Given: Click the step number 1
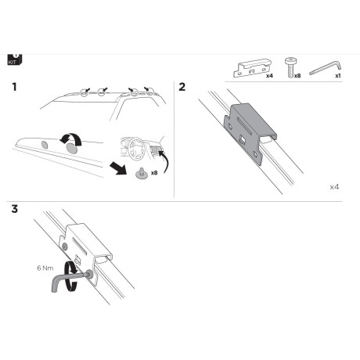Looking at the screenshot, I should pos(14,88).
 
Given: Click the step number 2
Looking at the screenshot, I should pos(182,88).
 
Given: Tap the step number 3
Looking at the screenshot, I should pos(14,209).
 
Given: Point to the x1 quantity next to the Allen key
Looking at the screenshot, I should pos(337,77).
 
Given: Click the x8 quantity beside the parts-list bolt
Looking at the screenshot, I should pos(298,77).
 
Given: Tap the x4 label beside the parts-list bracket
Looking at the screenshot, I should pos(268,77).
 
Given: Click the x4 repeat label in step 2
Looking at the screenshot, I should pos(334,188).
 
